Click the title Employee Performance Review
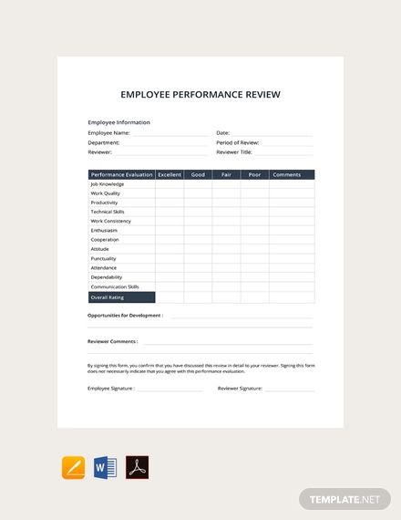click(x=200, y=94)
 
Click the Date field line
click(x=273, y=134)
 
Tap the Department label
click(x=103, y=142)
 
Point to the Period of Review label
click(x=238, y=142)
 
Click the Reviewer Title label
click(x=234, y=152)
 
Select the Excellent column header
click(x=170, y=174)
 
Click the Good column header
click(x=198, y=174)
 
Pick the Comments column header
click(x=286, y=174)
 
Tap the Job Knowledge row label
click(x=108, y=183)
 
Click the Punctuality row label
click(x=103, y=258)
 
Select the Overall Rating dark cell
click(x=121, y=296)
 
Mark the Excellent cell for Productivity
click(x=170, y=203)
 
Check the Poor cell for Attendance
click(x=255, y=268)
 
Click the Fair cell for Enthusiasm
click(x=226, y=230)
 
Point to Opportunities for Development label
click(x=125, y=316)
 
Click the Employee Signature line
click(x=170, y=389)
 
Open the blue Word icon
click(x=105, y=468)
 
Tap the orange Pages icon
click(x=73, y=468)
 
